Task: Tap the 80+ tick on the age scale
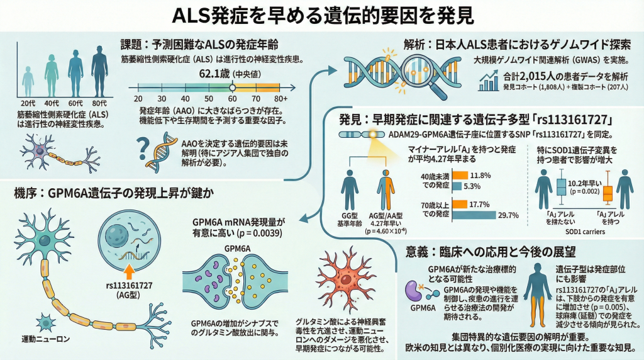[281, 99]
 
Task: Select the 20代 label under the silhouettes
[28, 103]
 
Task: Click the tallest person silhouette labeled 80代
[99, 72]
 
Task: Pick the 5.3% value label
[472, 186]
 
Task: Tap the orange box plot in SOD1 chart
[607, 193]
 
